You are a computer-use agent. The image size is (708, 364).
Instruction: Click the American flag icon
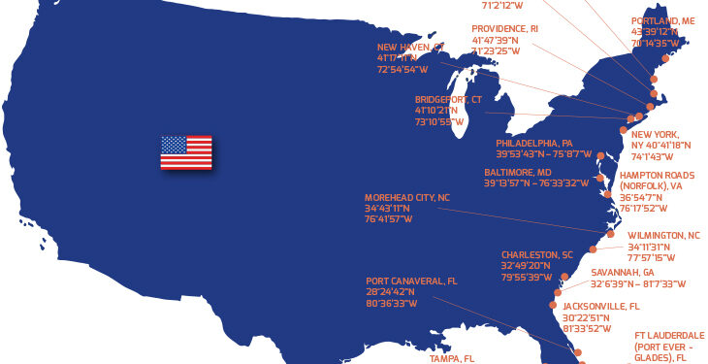(186, 153)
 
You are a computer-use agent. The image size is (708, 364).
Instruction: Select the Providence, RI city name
(504, 29)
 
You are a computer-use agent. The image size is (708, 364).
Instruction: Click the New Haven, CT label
(410, 47)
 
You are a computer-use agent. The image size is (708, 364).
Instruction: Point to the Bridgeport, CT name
(448, 100)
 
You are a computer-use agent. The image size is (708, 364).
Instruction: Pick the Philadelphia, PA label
(534, 143)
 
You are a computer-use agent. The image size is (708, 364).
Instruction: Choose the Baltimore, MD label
(518, 173)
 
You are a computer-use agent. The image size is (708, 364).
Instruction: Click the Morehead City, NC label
(407, 197)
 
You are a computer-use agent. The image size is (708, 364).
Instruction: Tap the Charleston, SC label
(537, 255)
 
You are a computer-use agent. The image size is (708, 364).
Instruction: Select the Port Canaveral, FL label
(411, 281)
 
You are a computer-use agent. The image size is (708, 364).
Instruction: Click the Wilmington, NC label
(663, 236)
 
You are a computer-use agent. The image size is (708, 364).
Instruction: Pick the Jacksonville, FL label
(601, 307)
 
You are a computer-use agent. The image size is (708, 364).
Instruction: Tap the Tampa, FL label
(452, 358)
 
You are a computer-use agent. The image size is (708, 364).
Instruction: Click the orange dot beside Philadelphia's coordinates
(601, 155)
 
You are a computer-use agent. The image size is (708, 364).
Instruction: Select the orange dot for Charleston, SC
(563, 277)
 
